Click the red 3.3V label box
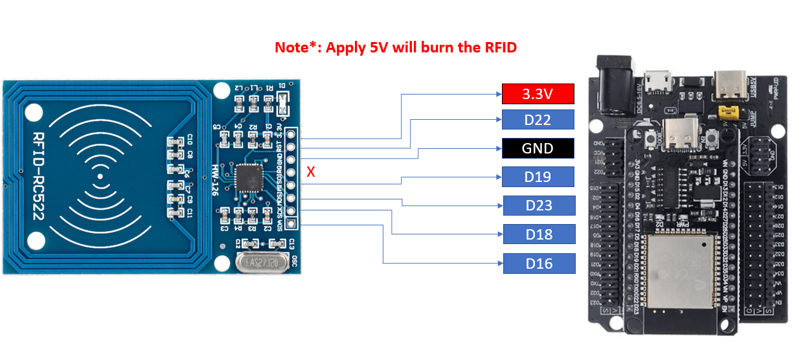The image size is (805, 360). pyautogui.click(x=538, y=94)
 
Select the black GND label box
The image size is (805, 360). pyautogui.click(x=538, y=148)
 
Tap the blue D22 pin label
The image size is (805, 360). pyautogui.click(x=538, y=120)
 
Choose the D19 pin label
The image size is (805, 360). pyautogui.click(x=538, y=177)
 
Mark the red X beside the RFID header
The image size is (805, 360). pyautogui.click(x=311, y=172)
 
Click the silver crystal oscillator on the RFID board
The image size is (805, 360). pyautogui.click(x=257, y=263)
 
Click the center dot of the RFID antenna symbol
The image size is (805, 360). pyautogui.click(x=100, y=176)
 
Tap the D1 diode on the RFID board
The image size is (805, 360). pyautogui.click(x=283, y=98)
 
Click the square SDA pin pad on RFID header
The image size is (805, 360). pyautogui.click(x=292, y=224)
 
